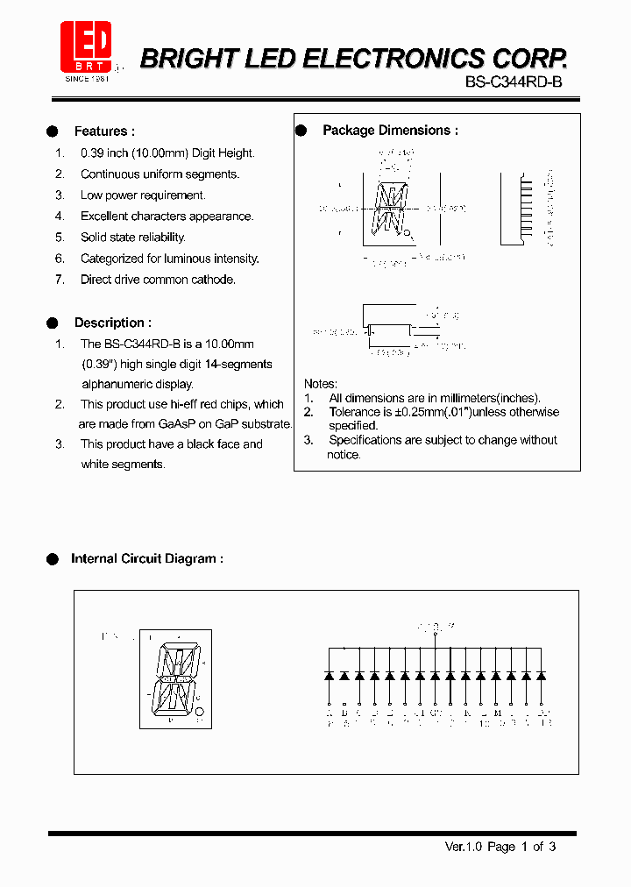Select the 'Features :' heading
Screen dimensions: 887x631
coord(104,131)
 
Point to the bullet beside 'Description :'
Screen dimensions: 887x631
coord(53,323)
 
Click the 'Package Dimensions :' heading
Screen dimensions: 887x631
coord(390,131)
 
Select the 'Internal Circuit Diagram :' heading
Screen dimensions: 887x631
coord(146,558)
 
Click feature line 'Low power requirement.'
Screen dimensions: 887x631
coord(143,195)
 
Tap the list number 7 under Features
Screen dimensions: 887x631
coord(60,280)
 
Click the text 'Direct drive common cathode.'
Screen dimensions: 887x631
coord(158,280)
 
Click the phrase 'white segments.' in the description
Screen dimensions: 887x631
coord(123,465)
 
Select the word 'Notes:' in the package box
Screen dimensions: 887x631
coord(321,384)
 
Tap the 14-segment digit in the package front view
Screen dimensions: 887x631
coord(388,209)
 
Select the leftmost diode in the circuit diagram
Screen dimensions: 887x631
coord(329,676)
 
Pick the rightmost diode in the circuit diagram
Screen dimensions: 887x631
coord(541,676)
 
